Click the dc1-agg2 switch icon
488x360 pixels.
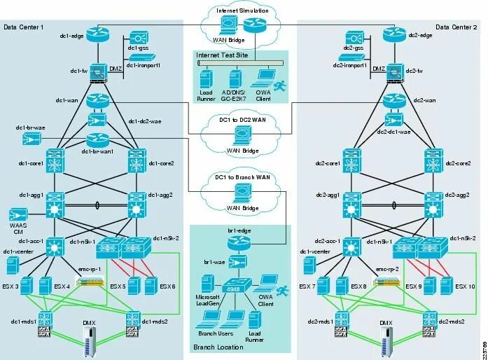coord(136,208)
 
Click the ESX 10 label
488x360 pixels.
coord(466,286)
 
